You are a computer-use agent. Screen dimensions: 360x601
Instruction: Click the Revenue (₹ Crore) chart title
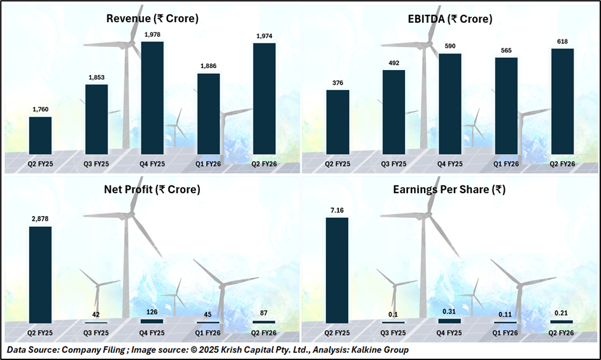tap(152, 19)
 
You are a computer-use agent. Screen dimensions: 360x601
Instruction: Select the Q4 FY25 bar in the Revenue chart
tap(152, 97)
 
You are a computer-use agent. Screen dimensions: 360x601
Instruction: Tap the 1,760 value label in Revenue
tap(40, 110)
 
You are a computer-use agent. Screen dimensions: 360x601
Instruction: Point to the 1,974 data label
tap(264, 36)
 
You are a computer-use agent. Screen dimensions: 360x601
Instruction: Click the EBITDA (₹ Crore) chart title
tap(450, 19)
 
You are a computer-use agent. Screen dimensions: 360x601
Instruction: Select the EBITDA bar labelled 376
tap(337, 122)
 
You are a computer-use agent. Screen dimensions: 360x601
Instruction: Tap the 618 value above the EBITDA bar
tap(562, 41)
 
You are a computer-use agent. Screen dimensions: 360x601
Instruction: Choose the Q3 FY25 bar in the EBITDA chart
tap(393, 112)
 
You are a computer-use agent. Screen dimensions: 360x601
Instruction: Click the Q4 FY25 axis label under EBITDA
tap(450, 164)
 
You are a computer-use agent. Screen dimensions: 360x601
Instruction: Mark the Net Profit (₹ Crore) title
tap(152, 189)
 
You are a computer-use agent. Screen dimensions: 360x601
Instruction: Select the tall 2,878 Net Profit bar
tap(40, 274)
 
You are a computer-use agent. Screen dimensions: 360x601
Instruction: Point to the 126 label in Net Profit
tap(152, 312)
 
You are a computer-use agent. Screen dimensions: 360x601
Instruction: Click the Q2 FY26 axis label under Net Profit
tap(264, 332)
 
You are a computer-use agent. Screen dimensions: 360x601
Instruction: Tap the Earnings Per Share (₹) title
tap(450, 189)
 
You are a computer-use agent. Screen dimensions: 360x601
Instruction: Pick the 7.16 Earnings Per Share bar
tap(337, 270)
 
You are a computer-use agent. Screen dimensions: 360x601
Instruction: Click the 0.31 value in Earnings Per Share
tap(450, 311)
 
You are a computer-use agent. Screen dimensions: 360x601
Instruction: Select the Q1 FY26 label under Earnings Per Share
tap(506, 332)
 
